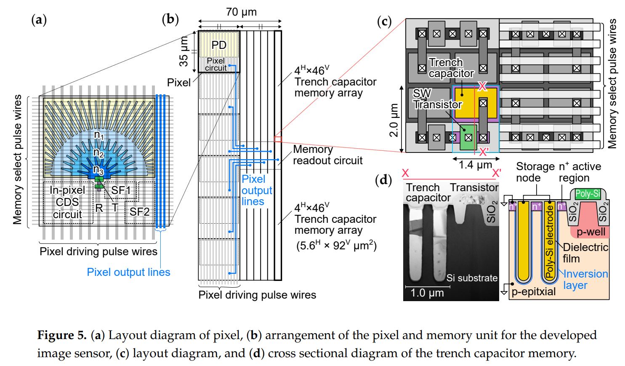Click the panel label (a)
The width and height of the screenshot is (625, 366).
point(39,20)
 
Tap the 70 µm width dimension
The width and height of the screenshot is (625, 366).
point(241,12)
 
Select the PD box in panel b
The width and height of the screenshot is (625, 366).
point(219,45)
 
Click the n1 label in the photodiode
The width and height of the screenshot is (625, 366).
point(99,135)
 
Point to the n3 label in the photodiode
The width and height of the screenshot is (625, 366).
point(98,170)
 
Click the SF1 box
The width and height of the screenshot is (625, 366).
point(121,190)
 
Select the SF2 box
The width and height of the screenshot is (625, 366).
point(139,211)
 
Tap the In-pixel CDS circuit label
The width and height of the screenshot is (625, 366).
point(67,202)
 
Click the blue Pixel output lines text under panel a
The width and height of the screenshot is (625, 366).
point(128,272)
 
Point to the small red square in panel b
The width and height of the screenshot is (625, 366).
point(277,139)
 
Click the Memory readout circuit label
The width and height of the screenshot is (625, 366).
point(327,155)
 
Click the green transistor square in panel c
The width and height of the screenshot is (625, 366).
point(468,138)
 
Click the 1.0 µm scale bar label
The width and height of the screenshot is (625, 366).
point(427,293)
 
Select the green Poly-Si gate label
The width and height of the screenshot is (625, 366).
point(588,194)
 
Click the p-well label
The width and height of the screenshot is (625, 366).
point(591,232)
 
